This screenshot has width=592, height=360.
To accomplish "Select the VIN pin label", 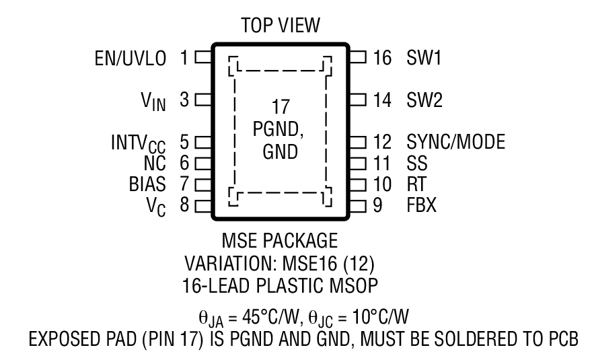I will pyautogui.click(x=153, y=102).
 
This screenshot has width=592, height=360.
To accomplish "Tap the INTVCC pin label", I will pyautogui.click(x=143, y=143).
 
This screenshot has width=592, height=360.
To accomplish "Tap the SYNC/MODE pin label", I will pyautogui.click(x=455, y=143).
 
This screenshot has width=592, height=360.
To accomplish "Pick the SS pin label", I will pyautogui.click(x=418, y=163).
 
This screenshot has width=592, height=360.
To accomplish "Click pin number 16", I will pyautogui.click(x=382, y=59).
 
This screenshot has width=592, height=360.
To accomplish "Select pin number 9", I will pyautogui.click(x=378, y=205).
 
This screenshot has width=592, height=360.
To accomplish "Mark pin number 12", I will pyautogui.click(x=382, y=143).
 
